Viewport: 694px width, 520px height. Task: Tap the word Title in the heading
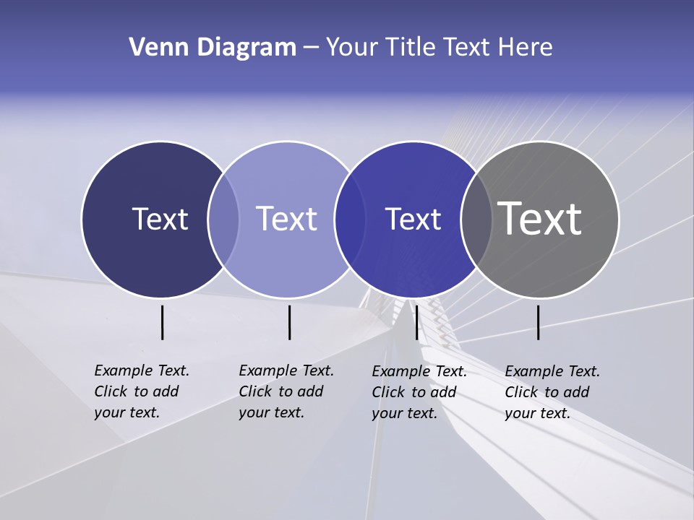coord(410,48)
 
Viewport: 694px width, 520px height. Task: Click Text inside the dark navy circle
coord(160,219)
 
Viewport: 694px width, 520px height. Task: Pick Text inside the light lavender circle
coord(286,219)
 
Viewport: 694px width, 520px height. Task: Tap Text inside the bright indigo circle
coord(413,219)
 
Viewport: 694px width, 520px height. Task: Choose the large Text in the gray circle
coord(540,219)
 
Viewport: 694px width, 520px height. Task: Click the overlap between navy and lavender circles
coord(223,219)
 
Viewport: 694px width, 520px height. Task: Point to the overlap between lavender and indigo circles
coord(350,219)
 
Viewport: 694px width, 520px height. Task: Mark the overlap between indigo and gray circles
coord(476,219)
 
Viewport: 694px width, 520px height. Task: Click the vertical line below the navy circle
coord(162,322)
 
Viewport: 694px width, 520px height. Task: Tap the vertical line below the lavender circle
coord(289,322)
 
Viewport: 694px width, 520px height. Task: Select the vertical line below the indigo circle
coord(416,322)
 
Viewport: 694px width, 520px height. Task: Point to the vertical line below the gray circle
coord(538,322)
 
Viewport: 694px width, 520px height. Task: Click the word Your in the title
coord(352,48)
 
